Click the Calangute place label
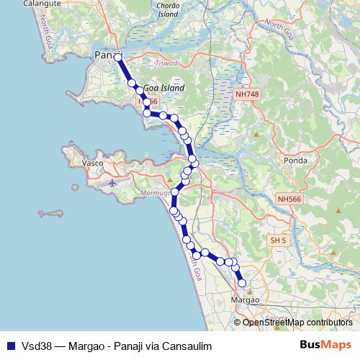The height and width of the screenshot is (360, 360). [x=41, y=4]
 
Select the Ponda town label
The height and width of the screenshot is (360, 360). [x=297, y=161]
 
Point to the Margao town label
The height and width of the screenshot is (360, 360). [x=243, y=299]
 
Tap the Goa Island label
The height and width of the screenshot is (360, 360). [x=163, y=88]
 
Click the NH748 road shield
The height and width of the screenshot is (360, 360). [x=246, y=94]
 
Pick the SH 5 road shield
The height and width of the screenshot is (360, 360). [x=276, y=240]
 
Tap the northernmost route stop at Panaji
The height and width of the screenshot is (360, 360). [x=118, y=56]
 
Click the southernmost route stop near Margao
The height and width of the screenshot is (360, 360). [x=242, y=283]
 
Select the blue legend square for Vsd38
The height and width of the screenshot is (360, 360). [x=9, y=344]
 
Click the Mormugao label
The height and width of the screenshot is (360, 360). [x=153, y=194]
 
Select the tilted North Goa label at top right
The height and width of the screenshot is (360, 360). [x=280, y=29]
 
